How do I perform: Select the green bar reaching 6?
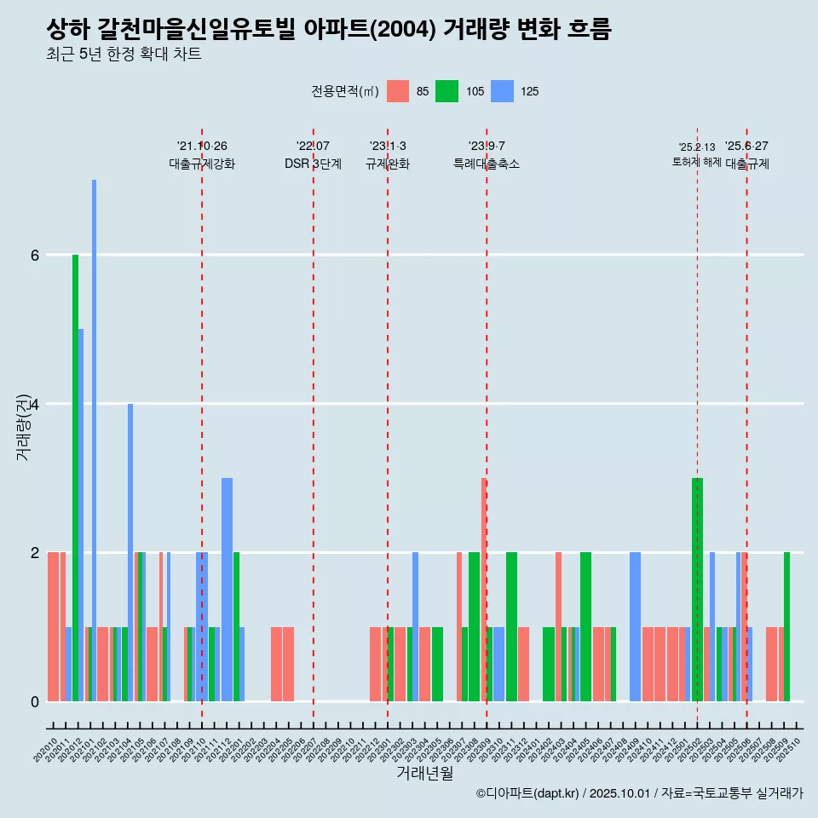tap(75, 477)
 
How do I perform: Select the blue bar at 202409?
tap(635, 626)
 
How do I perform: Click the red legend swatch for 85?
tap(398, 91)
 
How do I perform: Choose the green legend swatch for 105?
tap(446, 91)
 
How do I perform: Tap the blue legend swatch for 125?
tap(504, 91)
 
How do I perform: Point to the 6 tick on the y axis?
tap(35, 255)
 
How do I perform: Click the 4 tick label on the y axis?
tap(35, 404)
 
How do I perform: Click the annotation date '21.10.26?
tap(202, 146)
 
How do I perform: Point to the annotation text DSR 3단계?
tap(313, 164)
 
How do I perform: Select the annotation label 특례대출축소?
tap(487, 164)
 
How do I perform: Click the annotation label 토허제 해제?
tap(697, 162)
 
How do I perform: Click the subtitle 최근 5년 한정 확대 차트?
tap(124, 55)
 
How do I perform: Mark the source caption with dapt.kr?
tap(639, 793)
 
